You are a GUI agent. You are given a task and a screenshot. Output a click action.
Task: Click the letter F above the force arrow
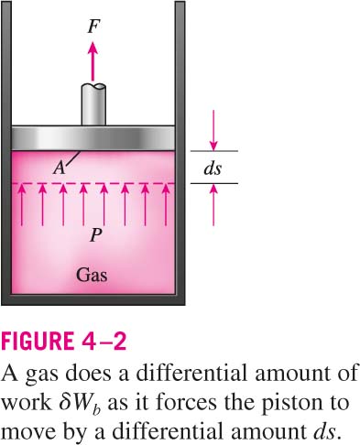(x=93, y=26)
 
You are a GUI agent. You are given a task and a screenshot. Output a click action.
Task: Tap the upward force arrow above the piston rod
(x=93, y=62)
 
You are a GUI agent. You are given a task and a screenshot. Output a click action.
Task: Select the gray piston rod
(x=93, y=104)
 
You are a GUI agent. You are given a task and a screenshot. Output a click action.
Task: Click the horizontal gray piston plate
(x=93, y=138)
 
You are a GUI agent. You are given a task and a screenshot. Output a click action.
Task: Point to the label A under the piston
(x=59, y=168)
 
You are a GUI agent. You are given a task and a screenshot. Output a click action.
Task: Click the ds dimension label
(x=213, y=168)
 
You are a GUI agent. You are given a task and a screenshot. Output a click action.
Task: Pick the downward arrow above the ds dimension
(x=213, y=130)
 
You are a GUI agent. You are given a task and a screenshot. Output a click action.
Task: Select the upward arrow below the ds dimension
(x=213, y=205)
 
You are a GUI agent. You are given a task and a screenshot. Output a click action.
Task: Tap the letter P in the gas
(x=96, y=235)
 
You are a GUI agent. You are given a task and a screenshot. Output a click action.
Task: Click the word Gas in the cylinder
(x=92, y=275)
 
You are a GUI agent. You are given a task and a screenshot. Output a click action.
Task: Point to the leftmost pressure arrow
(x=21, y=205)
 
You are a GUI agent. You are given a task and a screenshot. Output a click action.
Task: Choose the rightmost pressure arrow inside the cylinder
(x=166, y=205)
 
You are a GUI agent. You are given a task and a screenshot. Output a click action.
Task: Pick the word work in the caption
(x=27, y=403)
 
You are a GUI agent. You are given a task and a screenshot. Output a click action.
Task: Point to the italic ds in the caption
(x=323, y=431)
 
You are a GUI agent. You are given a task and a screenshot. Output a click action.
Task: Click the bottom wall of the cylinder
(x=93, y=299)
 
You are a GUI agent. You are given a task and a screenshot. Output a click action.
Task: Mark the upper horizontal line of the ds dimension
(x=214, y=151)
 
